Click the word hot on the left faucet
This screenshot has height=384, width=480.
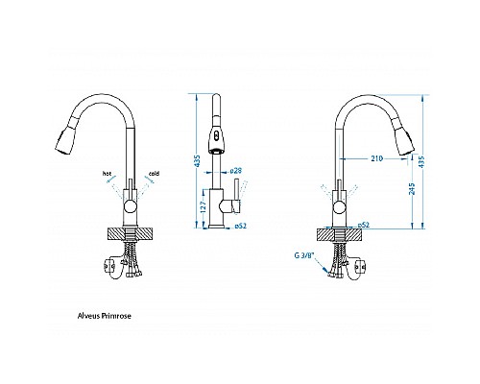[x=108, y=174]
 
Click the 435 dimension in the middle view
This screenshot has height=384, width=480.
[x=198, y=163]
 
